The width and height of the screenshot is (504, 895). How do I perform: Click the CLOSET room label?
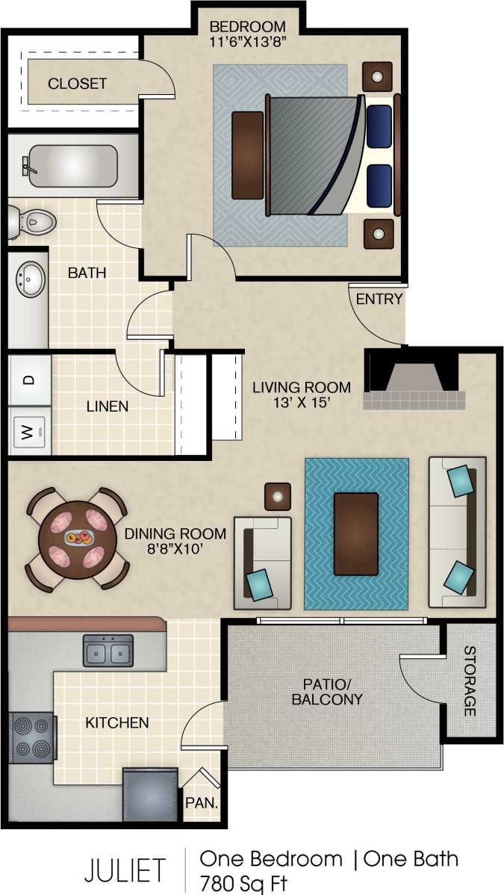[x=77, y=84]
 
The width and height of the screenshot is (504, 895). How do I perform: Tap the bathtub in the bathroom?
[x=72, y=166]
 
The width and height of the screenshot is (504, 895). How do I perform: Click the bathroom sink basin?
[x=28, y=279]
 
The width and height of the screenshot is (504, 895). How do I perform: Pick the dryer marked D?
[x=29, y=380]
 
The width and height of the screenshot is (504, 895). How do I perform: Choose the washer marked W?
[x=29, y=430]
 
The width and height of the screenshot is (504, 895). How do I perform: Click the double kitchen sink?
[x=108, y=651]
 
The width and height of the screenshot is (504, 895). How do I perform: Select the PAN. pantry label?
[x=202, y=805]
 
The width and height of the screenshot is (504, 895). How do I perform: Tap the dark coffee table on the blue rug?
[x=355, y=534]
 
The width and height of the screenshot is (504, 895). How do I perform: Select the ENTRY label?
[x=379, y=300]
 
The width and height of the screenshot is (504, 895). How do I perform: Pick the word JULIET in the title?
[x=124, y=871]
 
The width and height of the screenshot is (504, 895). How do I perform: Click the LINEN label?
[x=108, y=407]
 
